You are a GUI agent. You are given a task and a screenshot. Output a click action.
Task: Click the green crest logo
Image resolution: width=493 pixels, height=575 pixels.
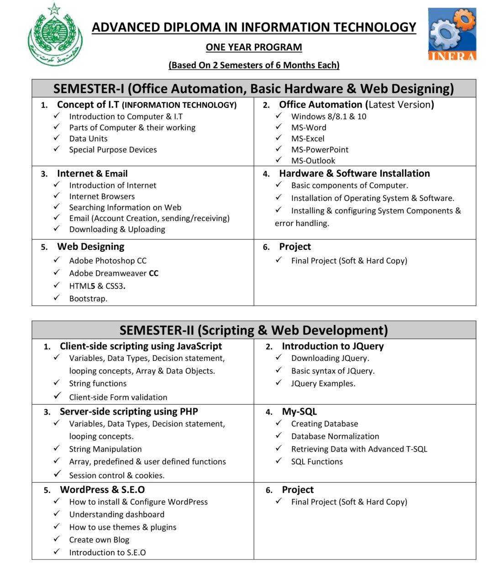[55, 35]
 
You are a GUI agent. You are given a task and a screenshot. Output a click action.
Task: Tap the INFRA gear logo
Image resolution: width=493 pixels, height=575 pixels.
[452, 34]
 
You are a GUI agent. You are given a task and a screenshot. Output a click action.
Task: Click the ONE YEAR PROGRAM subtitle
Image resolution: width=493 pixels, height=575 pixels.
[254, 47]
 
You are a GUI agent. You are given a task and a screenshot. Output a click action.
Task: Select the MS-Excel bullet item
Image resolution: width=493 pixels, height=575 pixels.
[308, 138]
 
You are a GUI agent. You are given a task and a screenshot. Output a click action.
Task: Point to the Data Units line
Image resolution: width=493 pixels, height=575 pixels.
[88, 138]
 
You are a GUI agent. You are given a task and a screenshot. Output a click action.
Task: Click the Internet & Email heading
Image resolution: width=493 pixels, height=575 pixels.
[92, 174]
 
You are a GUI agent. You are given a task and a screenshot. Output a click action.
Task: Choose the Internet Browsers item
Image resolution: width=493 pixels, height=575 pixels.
[102, 196]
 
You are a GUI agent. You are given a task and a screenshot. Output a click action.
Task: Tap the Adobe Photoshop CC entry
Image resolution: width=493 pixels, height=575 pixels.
[108, 261]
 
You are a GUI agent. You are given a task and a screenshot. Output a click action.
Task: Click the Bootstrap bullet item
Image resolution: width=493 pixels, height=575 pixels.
[88, 299]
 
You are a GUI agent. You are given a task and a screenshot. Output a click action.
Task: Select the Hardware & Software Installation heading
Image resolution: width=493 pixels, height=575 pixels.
[354, 174]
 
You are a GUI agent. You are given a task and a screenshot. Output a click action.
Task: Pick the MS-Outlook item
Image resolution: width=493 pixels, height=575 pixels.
[313, 161]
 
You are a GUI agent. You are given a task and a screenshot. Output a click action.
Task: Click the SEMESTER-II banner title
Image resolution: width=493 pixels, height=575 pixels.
[254, 330]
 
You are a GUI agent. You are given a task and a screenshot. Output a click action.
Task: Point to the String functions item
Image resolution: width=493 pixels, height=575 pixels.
[98, 384]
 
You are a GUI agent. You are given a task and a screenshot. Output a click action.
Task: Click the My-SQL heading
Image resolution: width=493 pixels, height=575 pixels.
[299, 411]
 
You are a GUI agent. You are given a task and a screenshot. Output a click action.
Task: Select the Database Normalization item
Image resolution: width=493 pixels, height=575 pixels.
[335, 437]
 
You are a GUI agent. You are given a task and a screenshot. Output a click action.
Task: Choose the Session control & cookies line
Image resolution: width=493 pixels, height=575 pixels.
[117, 475]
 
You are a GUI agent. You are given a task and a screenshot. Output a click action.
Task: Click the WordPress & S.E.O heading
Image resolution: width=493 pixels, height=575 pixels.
[102, 490]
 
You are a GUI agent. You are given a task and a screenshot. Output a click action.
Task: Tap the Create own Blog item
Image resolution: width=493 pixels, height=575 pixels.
[99, 540]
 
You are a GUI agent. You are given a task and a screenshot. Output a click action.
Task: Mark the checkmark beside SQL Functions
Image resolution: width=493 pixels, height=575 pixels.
[279, 461]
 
